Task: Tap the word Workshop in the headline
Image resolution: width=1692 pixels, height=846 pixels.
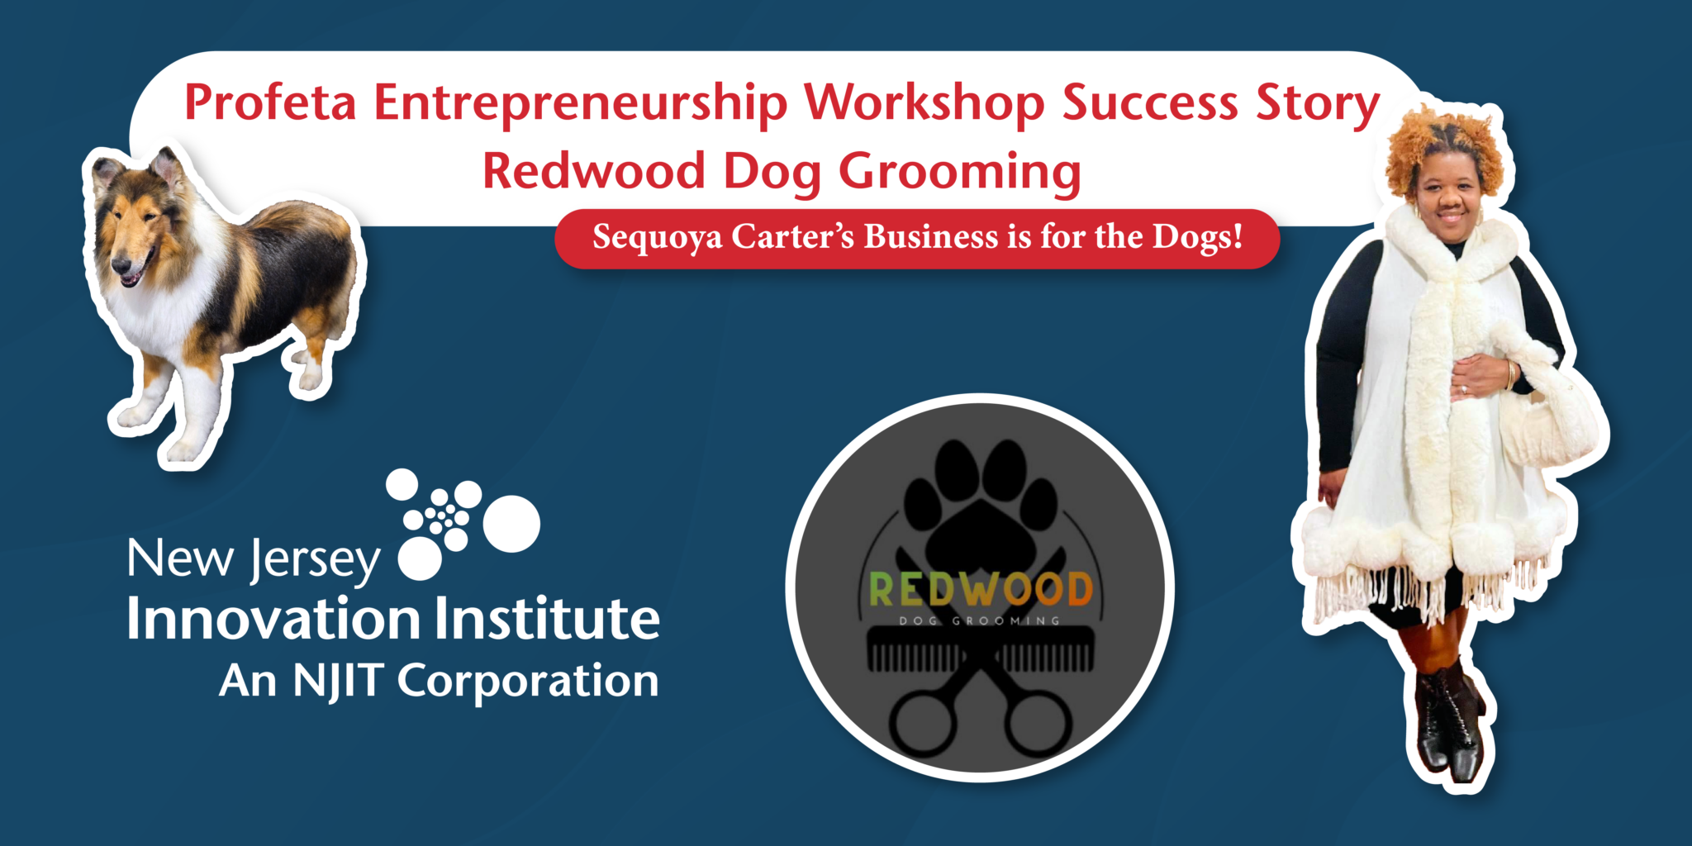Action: click(924, 103)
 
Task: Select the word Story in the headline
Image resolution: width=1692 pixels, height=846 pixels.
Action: click(1318, 105)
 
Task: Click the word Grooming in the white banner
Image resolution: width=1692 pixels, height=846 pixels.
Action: click(960, 173)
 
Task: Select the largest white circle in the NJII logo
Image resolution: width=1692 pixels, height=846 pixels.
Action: click(511, 524)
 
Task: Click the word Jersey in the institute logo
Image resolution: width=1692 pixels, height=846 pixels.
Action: click(316, 561)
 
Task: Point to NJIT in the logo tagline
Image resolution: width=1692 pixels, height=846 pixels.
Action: click(339, 682)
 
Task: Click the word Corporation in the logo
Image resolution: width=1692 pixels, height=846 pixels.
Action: click(528, 682)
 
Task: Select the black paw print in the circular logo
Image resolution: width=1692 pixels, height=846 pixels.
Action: click(981, 504)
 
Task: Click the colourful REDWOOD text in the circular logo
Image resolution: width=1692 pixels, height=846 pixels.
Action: click(981, 589)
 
